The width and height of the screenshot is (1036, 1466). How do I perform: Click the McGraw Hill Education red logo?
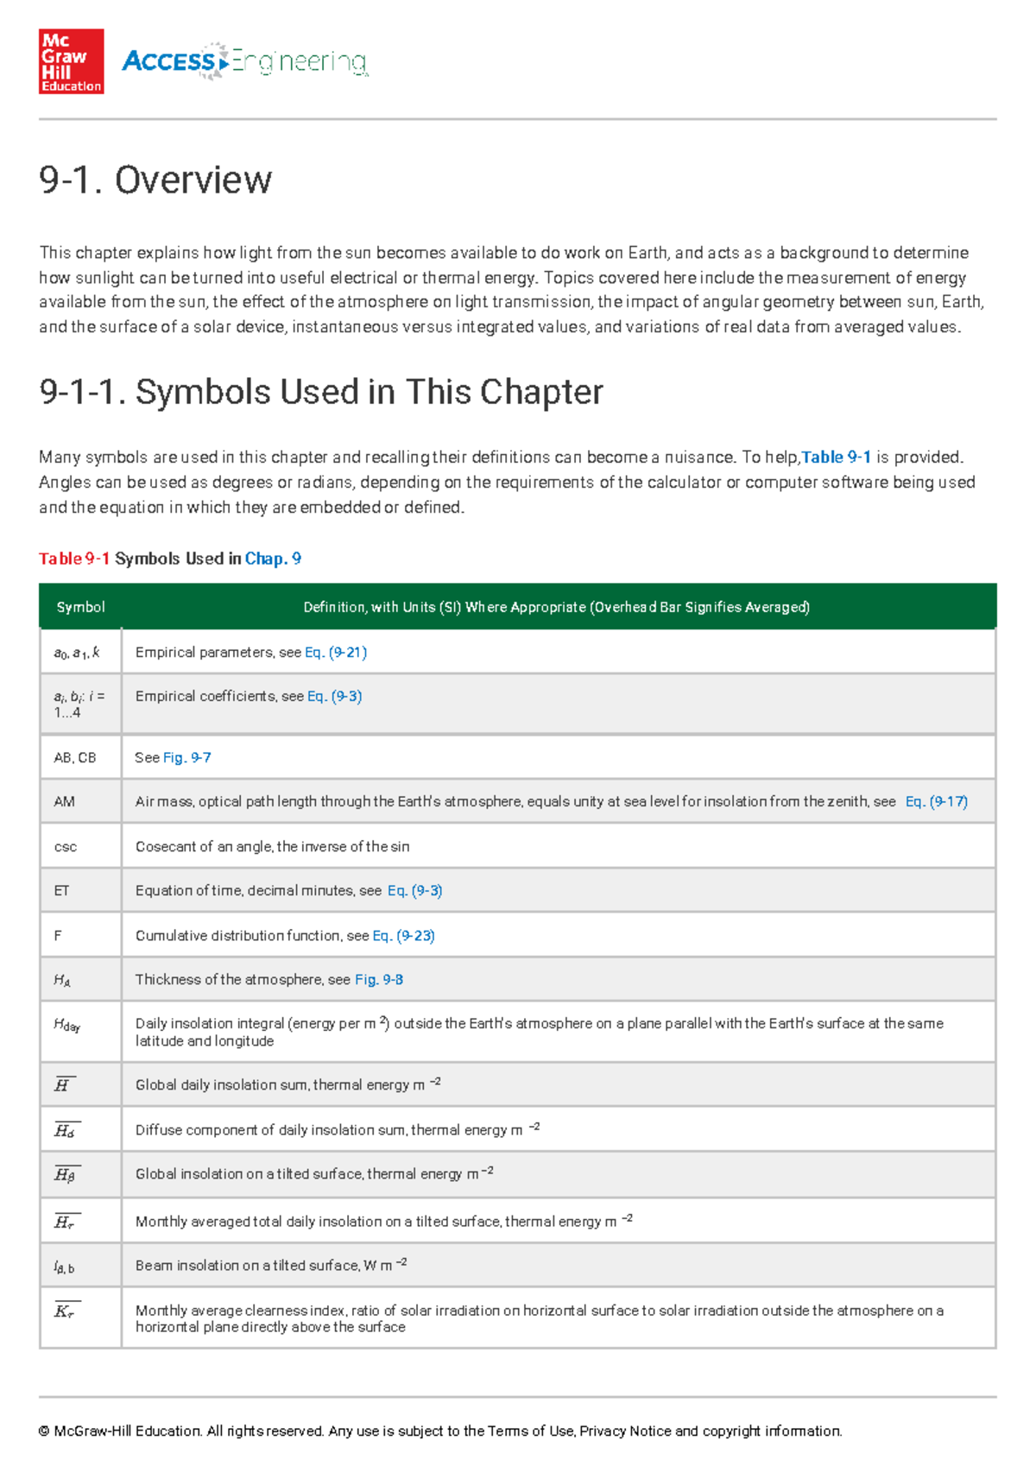click(x=71, y=61)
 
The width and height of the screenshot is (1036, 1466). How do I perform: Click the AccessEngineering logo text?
click(x=245, y=61)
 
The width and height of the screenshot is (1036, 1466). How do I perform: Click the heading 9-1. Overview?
click(x=155, y=180)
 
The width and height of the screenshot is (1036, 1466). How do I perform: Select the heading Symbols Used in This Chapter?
click(x=321, y=392)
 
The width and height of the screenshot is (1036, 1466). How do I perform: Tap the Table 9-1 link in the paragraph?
click(x=837, y=457)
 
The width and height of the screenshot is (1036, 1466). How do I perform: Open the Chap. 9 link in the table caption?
click(x=273, y=559)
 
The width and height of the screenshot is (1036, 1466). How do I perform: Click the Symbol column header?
click(x=80, y=607)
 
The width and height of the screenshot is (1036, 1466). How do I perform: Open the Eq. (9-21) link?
click(x=336, y=653)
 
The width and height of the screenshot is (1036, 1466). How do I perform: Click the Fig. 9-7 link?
click(x=187, y=757)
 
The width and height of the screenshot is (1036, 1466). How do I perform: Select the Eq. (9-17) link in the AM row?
click(x=936, y=801)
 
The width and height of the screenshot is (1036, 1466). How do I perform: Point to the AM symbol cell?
click(x=65, y=801)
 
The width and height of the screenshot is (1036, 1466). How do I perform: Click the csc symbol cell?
click(x=66, y=847)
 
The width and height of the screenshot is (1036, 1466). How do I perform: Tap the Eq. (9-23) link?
click(x=403, y=935)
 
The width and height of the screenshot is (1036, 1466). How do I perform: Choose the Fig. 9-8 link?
click(x=379, y=979)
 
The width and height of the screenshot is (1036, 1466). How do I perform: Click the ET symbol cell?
click(x=62, y=890)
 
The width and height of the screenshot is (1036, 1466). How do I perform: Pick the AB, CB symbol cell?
click(x=75, y=757)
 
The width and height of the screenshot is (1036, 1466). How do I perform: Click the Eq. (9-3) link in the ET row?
click(x=414, y=890)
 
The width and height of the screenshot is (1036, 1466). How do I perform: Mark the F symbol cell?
click(x=58, y=935)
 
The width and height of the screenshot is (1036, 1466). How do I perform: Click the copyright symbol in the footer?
click(x=44, y=1431)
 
